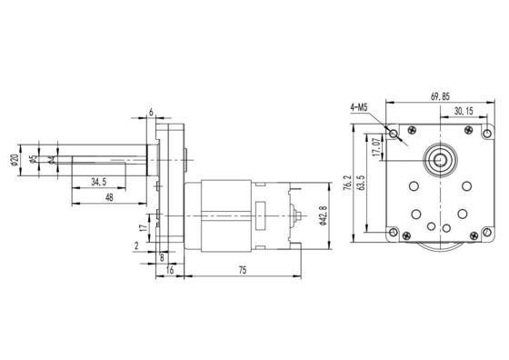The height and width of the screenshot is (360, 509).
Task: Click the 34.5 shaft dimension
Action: pos(100,182)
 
